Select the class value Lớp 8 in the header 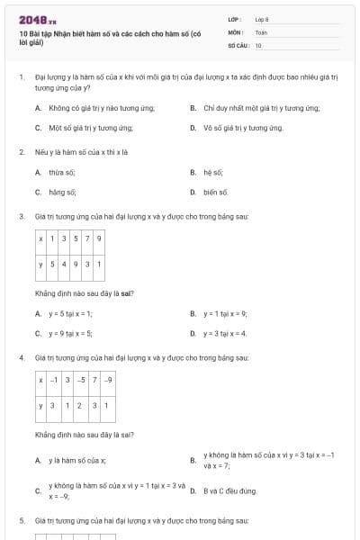coord(262,18)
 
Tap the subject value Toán coord(261,31)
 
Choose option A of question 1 coord(99,108)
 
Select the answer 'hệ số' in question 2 coord(213,171)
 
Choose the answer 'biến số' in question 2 coord(216,192)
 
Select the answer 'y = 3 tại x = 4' coord(225,333)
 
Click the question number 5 coord(22,520)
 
